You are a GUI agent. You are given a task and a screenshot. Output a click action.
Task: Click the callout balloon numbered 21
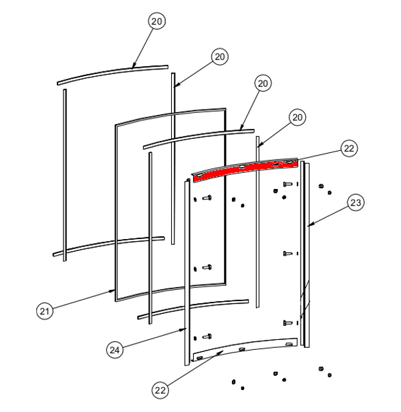(44, 311)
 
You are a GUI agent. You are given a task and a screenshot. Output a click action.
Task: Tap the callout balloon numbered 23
(356, 202)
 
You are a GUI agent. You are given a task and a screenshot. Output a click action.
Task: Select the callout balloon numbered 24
(115, 350)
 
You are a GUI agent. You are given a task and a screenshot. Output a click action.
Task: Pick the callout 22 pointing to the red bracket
(349, 148)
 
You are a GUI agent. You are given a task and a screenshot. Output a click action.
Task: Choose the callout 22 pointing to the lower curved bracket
(160, 390)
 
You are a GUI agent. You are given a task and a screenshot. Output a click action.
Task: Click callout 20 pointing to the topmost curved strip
(156, 21)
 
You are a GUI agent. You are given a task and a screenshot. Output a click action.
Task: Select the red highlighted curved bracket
(245, 171)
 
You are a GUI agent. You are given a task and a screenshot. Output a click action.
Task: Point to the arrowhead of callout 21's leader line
(113, 290)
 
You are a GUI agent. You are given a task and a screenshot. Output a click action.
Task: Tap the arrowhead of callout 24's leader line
(184, 329)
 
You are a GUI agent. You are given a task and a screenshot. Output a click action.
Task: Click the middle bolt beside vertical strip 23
(287, 254)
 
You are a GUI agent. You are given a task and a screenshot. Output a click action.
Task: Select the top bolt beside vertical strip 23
(287, 184)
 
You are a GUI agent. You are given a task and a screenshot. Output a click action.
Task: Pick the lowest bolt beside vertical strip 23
(287, 323)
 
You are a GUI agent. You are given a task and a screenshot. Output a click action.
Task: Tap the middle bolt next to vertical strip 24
(207, 268)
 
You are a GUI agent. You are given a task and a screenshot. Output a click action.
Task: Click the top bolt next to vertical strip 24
(207, 198)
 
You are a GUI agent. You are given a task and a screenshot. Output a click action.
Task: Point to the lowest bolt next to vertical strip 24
(207, 337)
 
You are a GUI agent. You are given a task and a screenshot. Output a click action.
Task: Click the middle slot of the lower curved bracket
(242, 349)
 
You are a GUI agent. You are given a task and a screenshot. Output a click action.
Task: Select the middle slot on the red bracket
(242, 166)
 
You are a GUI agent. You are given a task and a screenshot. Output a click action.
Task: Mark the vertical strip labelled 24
(187, 272)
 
